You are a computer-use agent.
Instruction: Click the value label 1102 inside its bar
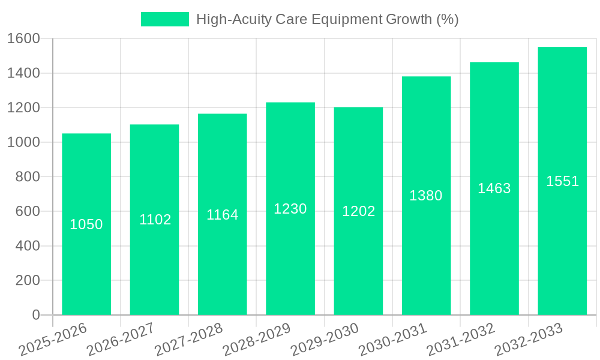pyautogui.click(x=155, y=220)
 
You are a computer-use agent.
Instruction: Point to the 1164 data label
pyautogui.click(x=223, y=215)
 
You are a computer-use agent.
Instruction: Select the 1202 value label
pyautogui.click(x=359, y=211)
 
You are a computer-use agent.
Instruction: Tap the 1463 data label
pyautogui.click(x=494, y=188)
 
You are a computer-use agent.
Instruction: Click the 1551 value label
pyautogui.click(x=562, y=181)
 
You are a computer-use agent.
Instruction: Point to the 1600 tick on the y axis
pyautogui.click(x=23, y=39)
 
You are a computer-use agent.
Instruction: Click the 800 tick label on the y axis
pyautogui.click(x=28, y=177)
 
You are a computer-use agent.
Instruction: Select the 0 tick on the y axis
pyautogui.click(x=36, y=315)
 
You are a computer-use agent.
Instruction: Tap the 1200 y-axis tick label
pyautogui.click(x=23, y=108)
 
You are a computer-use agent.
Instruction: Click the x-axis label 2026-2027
pyautogui.click(x=121, y=340)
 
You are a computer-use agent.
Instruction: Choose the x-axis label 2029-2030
pyautogui.click(x=325, y=340)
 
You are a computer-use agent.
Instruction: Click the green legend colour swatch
pyautogui.click(x=164, y=19)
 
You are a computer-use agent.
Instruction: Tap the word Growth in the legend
pyautogui.click(x=407, y=19)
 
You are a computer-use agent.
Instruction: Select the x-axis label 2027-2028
pyautogui.click(x=188, y=340)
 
